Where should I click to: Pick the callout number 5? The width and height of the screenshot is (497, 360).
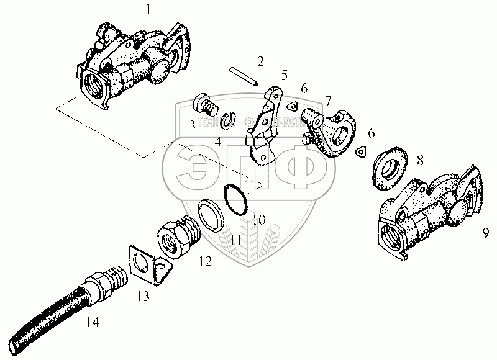(284, 76)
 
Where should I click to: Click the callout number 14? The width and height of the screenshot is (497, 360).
(93, 322)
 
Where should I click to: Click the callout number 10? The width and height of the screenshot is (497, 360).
(259, 219)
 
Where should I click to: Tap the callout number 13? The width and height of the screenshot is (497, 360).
(144, 297)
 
